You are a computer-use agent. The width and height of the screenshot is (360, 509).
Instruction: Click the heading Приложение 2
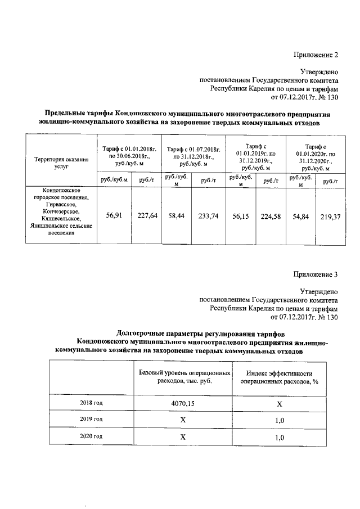[x=316, y=55]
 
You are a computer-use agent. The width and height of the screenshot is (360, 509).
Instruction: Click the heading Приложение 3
[x=316, y=275]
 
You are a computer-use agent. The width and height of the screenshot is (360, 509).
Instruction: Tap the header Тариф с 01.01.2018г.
[x=129, y=152]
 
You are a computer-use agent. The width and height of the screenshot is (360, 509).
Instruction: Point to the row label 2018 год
[x=91, y=403]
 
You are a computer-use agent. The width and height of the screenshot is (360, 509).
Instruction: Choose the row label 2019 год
[x=91, y=420]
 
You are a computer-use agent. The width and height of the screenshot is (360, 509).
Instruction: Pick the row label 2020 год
[x=91, y=436]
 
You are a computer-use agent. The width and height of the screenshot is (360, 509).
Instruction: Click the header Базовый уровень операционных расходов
[x=184, y=377]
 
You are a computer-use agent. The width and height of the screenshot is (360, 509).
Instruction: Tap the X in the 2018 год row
[x=279, y=404]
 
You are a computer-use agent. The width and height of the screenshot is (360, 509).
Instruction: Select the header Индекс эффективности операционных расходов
[x=279, y=377]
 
